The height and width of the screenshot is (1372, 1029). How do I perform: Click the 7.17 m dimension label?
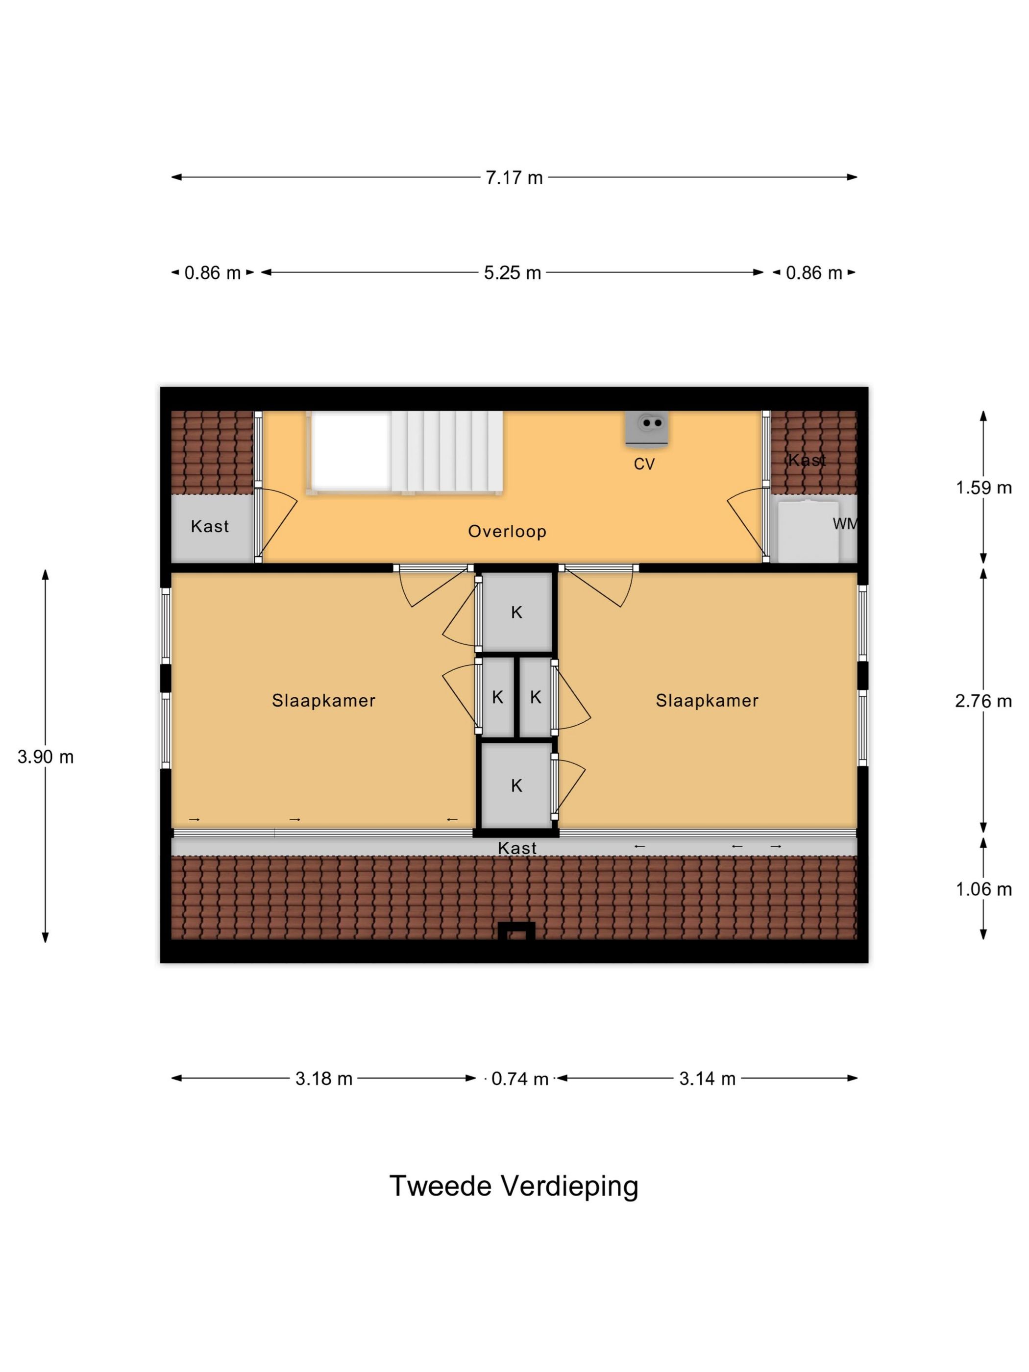514,178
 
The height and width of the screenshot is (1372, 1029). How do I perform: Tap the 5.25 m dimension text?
513,273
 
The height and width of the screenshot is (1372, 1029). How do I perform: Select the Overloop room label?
507,531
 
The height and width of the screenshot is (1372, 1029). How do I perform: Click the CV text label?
644,464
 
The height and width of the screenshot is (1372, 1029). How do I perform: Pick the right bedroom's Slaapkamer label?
707,700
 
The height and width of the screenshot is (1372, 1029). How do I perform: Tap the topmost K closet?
516,613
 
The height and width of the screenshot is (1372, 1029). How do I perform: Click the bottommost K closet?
516,786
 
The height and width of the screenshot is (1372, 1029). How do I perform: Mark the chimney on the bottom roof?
516,931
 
